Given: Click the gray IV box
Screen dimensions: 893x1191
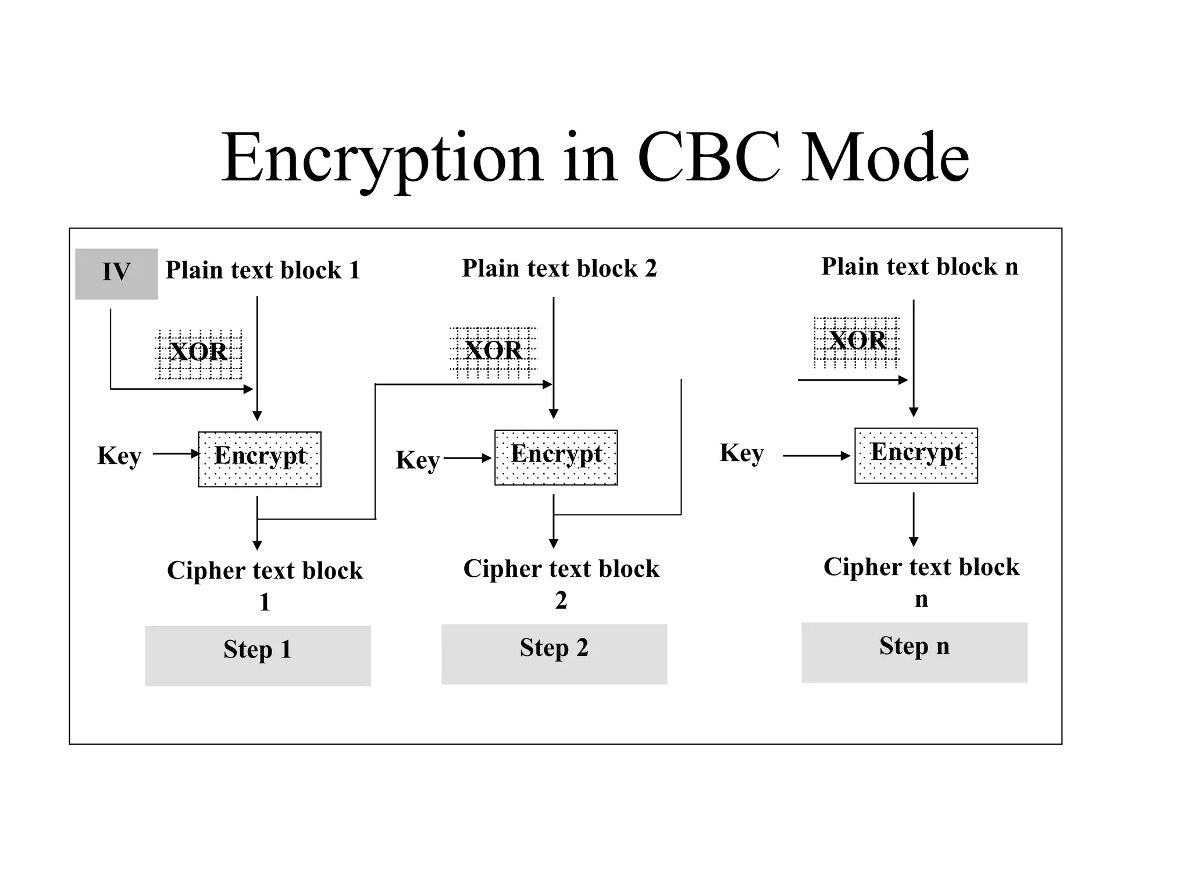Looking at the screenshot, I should coord(116,274).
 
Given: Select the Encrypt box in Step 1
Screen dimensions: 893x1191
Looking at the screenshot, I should coord(259,459).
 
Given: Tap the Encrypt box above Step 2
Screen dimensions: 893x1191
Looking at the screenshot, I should coord(556,458).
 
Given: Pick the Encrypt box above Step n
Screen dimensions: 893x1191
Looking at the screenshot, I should coord(916,455).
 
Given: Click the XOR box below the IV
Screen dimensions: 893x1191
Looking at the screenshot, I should coord(199,354).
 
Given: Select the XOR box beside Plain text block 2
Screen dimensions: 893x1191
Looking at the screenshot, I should coord(493,352).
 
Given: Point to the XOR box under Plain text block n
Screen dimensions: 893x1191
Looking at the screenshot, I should coord(856,342).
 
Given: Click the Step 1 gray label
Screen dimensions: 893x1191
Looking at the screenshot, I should coord(258,655).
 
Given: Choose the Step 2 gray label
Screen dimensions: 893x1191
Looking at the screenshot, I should coord(554,653).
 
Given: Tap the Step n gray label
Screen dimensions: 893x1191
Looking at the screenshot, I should coord(914,652).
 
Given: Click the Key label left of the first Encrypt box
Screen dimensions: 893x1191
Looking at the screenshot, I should coord(119,456).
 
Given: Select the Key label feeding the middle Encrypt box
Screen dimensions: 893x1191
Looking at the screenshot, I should coord(418,460).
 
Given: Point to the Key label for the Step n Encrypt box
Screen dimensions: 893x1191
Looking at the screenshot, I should coord(741,453).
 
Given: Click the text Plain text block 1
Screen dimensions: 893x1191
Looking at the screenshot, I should coord(263,270).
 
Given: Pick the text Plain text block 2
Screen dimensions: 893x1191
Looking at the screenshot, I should coord(559,269).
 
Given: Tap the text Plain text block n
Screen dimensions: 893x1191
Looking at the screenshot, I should coord(919,267).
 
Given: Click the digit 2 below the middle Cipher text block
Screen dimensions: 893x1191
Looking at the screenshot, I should coord(561,600).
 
